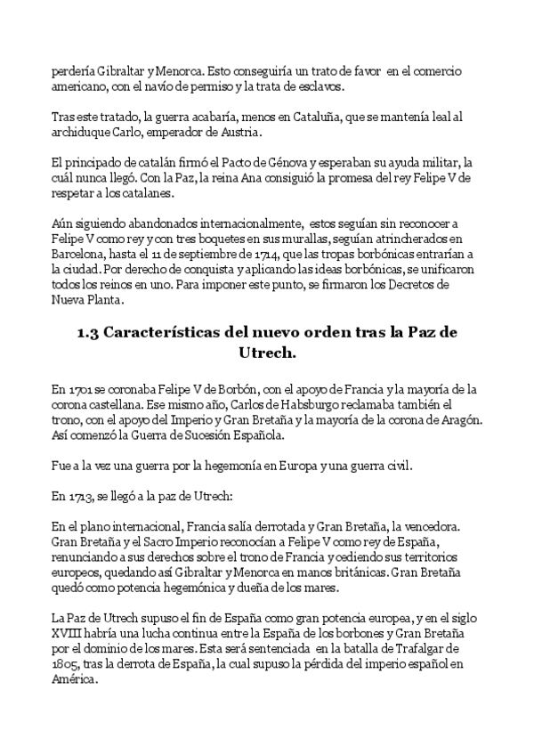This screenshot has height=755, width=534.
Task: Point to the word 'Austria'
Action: (238, 134)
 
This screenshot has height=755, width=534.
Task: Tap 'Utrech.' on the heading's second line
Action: (266, 353)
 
